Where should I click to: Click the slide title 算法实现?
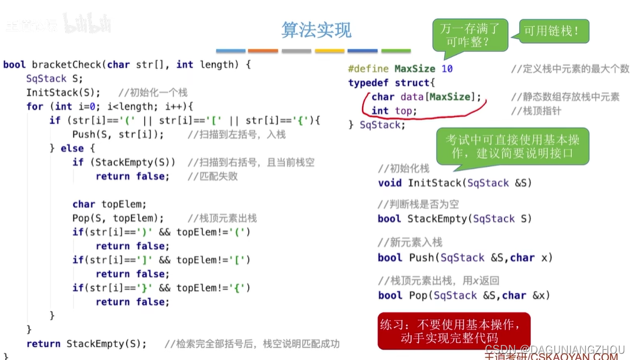(x=316, y=29)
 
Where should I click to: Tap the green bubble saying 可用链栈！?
(x=551, y=29)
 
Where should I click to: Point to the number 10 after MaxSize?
(x=447, y=69)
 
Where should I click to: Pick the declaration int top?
(x=394, y=111)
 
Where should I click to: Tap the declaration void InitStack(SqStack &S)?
(x=455, y=183)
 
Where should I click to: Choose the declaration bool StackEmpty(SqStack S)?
(x=455, y=219)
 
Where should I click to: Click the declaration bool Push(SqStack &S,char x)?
(x=465, y=257)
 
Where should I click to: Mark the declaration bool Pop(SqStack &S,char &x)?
(x=464, y=296)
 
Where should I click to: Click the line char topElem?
(x=109, y=204)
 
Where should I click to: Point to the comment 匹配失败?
(x=213, y=177)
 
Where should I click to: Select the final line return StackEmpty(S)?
(x=86, y=344)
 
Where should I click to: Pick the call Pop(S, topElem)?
(x=118, y=219)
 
